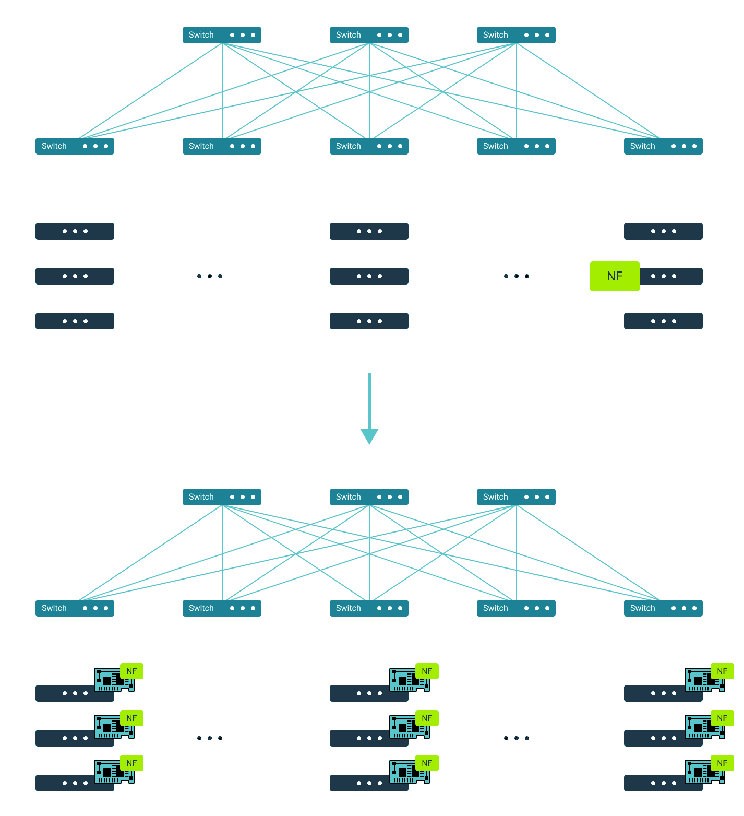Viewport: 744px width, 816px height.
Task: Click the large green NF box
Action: point(614,276)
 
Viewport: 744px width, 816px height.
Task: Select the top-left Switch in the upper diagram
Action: point(222,35)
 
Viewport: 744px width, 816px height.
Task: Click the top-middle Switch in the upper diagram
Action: point(369,35)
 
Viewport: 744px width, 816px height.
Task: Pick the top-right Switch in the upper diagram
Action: point(516,35)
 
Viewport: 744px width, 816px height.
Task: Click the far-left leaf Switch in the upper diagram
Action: point(75,146)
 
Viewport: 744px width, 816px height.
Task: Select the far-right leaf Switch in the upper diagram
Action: point(663,146)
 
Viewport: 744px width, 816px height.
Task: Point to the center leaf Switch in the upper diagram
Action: point(369,146)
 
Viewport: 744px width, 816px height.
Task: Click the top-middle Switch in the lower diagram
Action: point(369,497)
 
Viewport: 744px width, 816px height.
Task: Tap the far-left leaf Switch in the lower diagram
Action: point(75,608)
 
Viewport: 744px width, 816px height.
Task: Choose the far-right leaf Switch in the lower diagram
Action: point(663,608)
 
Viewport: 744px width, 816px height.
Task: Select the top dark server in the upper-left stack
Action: point(75,231)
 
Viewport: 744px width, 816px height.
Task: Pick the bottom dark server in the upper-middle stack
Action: point(369,321)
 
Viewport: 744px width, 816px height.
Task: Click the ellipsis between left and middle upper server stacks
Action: point(210,276)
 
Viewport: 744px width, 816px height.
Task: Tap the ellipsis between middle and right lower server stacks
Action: point(517,738)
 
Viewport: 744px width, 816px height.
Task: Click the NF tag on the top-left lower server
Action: point(131,671)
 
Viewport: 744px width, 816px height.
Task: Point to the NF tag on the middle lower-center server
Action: point(427,718)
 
